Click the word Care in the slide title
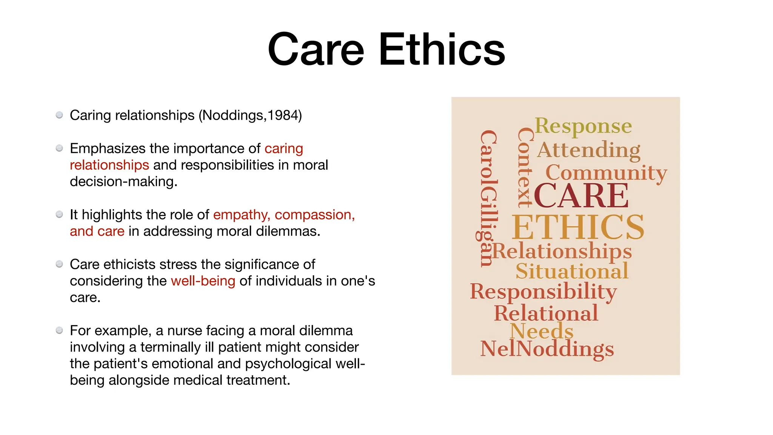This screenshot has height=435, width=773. (316, 49)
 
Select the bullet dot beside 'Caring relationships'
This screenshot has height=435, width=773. (59, 115)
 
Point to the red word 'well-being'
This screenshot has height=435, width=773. (203, 281)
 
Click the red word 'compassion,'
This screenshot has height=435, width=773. (314, 215)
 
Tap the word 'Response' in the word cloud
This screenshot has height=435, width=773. (583, 126)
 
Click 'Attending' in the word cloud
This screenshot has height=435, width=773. (589, 150)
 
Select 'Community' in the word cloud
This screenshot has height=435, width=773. (606, 173)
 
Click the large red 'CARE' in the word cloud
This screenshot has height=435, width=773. (581, 196)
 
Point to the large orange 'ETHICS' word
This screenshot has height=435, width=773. (578, 227)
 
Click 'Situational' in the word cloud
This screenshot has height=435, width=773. (572, 271)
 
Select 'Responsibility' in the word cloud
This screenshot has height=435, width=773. (543, 292)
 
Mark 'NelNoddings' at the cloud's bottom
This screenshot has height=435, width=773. (547, 349)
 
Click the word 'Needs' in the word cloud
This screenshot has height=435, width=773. (541, 331)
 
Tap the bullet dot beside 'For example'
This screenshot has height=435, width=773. (59, 330)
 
